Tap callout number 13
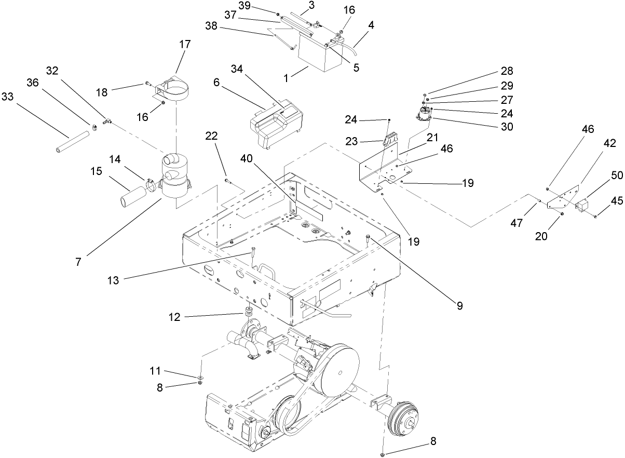point(113,280)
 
